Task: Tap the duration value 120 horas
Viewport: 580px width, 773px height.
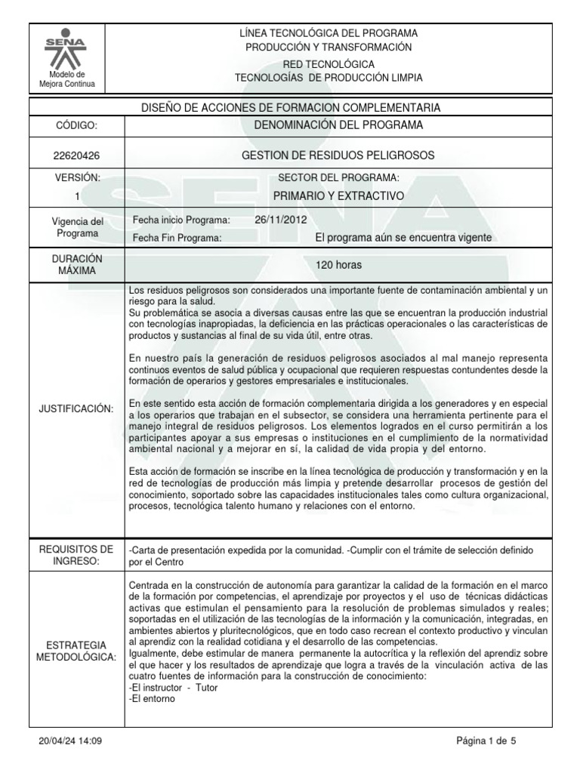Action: tap(339, 265)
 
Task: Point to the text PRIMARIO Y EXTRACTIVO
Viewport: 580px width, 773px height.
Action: tap(338, 196)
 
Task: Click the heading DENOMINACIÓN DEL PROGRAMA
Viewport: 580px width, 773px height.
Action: tap(338, 125)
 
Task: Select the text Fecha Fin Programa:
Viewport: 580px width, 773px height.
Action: tap(177, 238)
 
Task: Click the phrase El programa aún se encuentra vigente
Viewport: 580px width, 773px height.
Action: tap(403, 237)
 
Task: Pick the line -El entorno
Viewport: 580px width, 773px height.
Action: tap(153, 698)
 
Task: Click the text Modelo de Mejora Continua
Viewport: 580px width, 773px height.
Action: tap(67, 79)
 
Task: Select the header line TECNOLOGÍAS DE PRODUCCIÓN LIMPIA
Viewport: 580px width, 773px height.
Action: tap(329, 78)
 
